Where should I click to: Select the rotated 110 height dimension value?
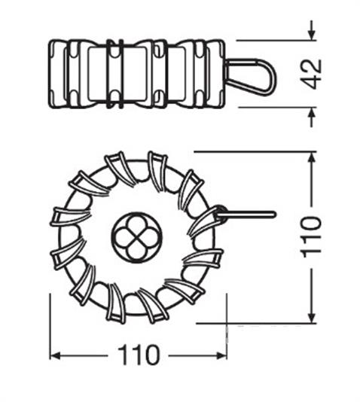[312, 236]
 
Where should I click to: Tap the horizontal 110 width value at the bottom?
[139, 354]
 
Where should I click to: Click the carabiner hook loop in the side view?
[251, 76]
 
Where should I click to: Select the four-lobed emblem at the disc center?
[136, 236]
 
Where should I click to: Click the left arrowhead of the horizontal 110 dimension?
[55, 355]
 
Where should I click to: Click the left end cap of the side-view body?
[56, 74]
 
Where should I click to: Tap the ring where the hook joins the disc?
[219, 215]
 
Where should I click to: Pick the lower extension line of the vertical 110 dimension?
[256, 323]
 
